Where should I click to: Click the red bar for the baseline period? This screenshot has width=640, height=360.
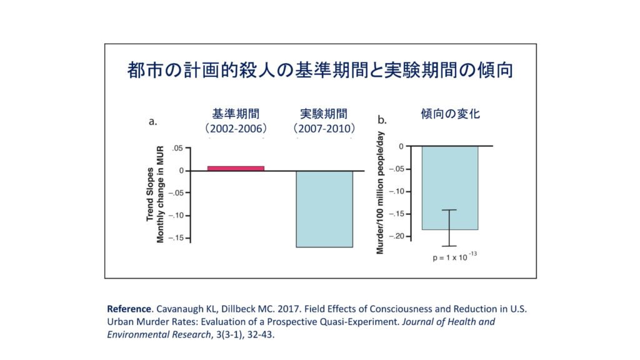click(236, 168)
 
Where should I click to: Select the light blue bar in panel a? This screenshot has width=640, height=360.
click(324, 209)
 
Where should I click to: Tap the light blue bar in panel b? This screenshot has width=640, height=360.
click(449, 187)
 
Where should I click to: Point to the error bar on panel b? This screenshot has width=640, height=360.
click(449, 228)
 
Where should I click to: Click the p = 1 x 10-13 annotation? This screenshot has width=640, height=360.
click(455, 256)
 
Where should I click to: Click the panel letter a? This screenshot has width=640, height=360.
click(152, 121)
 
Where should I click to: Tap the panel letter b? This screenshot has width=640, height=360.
click(382, 120)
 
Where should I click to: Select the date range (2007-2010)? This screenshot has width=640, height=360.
click(324, 128)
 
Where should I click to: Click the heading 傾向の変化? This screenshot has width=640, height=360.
click(450, 114)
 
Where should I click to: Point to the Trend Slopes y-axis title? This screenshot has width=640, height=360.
click(150, 194)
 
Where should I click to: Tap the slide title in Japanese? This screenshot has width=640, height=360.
click(320, 70)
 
